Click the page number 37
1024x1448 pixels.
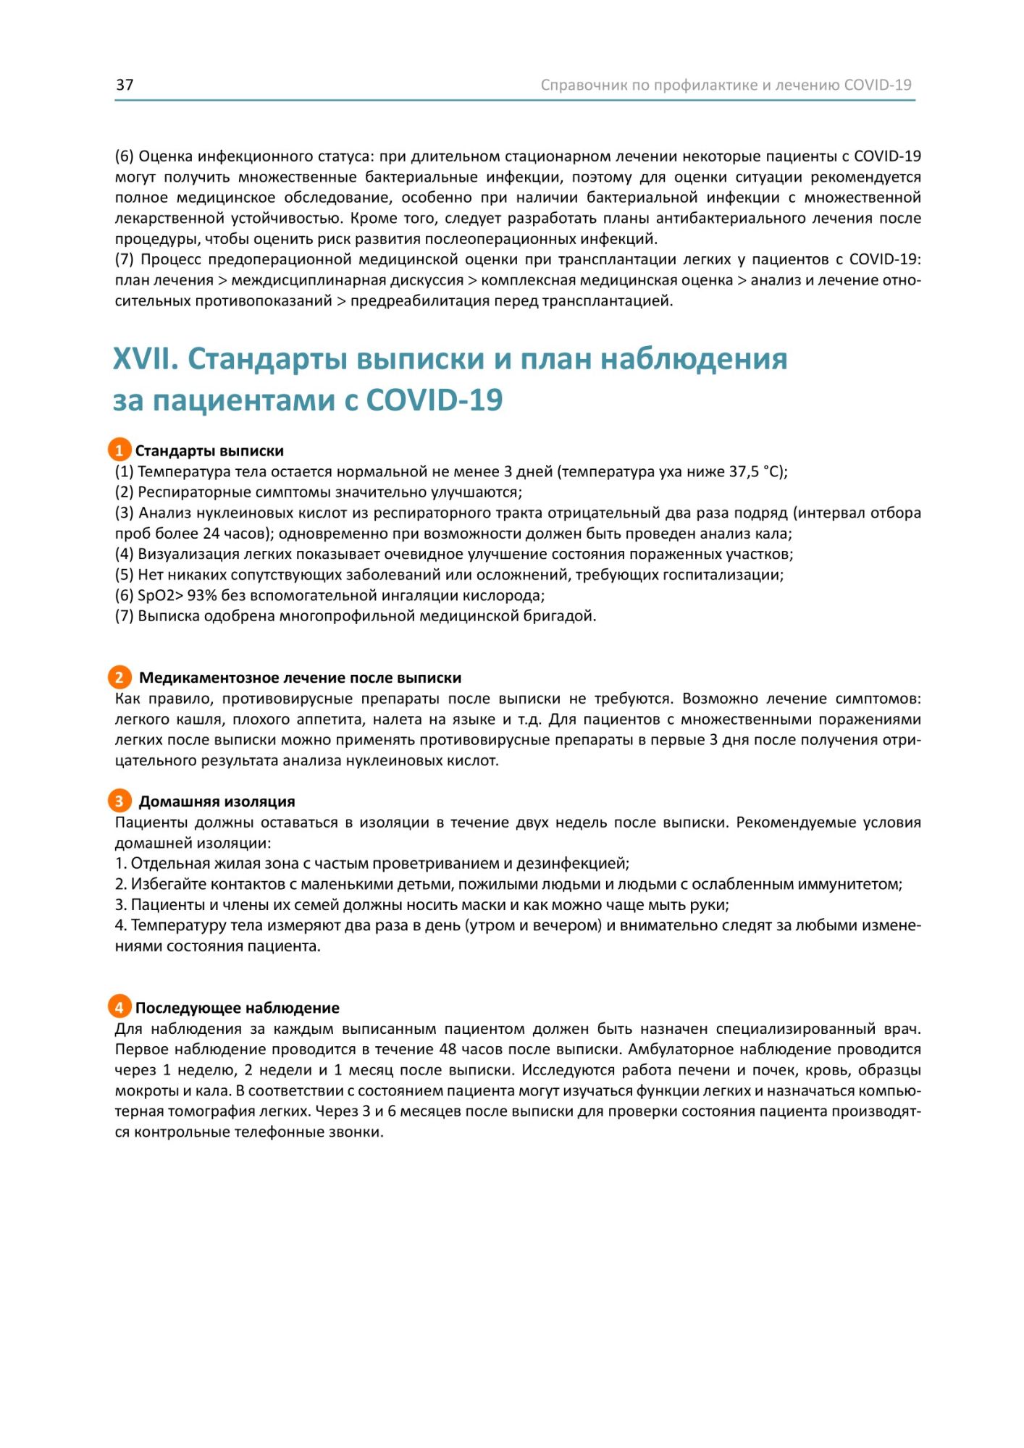pos(125,85)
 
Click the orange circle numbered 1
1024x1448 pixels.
pos(119,450)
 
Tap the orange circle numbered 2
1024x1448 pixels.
pos(119,678)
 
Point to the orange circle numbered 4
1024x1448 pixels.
pos(119,1007)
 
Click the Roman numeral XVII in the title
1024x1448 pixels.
pos(146,359)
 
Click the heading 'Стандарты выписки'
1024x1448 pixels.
pos(209,451)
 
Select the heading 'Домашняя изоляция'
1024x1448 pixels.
pos(217,801)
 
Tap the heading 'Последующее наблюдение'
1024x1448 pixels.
pos(237,1008)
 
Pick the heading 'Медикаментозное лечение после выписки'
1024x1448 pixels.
pos(300,678)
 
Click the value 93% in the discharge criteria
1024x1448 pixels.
pos(202,596)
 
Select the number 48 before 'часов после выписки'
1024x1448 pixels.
pos(448,1049)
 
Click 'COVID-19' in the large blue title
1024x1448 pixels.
pos(435,400)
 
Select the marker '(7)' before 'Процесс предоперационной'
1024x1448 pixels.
pos(125,259)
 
